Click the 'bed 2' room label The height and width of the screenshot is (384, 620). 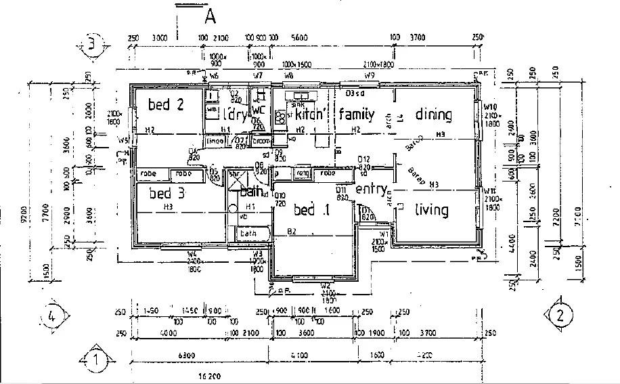166,104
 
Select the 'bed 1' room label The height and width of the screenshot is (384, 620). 311,211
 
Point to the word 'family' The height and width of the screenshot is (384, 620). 357,114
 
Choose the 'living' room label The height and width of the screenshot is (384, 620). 431,209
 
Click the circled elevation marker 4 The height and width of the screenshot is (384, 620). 56,315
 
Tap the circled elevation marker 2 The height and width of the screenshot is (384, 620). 559,314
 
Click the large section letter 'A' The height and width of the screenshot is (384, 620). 210,15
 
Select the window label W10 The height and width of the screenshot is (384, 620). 491,107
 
